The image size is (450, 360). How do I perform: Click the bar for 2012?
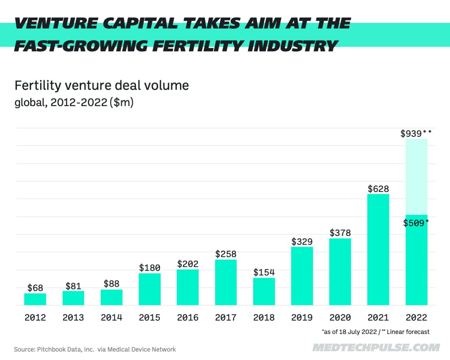pyautogui.click(x=35, y=299)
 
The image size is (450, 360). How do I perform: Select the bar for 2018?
pyautogui.click(x=264, y=291)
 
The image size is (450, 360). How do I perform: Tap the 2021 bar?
pyautogui.click(x=378, y=250)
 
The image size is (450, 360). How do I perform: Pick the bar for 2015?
pyautogui.click(x=150, y=289)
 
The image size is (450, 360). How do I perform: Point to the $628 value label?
pyautogui.click(x=378, y=189)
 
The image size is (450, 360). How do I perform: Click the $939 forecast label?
pyautogui.click(x=412, y=134)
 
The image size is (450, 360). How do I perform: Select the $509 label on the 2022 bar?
pyautogui.click(x=414, y=223)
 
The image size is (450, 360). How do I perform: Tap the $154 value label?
pyautogui.click(x=264, y=272)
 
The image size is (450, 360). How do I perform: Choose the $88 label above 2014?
pyautogui.click(x=111, y=284)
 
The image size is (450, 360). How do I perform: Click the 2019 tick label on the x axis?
pyautogui.click(x=302, y=317)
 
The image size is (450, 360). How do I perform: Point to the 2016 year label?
pyautogui.click(x=188, y=317)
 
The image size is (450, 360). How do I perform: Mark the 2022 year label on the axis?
pyautogui.click(x=417, y=317)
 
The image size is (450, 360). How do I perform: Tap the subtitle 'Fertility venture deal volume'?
pyautogui.click(x=102, y=85)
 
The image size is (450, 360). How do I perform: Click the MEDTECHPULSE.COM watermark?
pyautogui.click(x=376, y=348)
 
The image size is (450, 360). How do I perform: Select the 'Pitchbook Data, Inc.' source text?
pyautogui.click(x=65, y=349)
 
